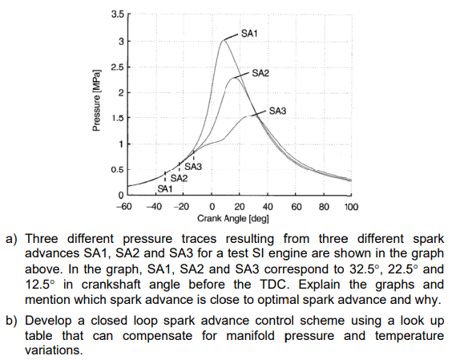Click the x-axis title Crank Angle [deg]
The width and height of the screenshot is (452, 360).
tap(232, 218)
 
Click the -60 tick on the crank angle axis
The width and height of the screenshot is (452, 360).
tap(125, 207)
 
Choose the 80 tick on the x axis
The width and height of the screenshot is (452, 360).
tap(324, 207)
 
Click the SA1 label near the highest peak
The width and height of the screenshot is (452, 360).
tap(249, 33)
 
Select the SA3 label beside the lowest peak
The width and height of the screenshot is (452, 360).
tap(277, 110)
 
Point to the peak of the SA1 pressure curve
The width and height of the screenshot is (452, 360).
tap(223, 40)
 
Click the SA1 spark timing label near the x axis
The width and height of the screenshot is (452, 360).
tap(163, 190)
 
